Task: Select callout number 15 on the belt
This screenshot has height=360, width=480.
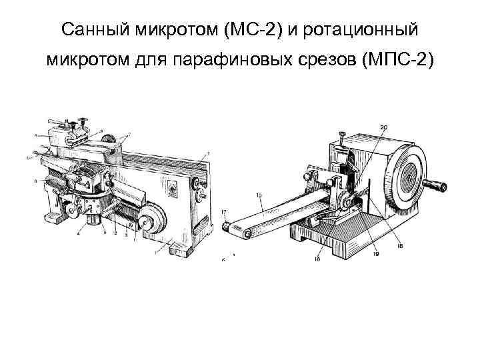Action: (x=259, y=196)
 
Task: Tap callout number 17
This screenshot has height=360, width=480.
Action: (x=224, y=211)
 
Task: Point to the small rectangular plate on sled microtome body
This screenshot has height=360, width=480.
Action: (x=173, y=189)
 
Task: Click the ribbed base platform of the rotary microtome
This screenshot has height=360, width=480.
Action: (x=333, y=233)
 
